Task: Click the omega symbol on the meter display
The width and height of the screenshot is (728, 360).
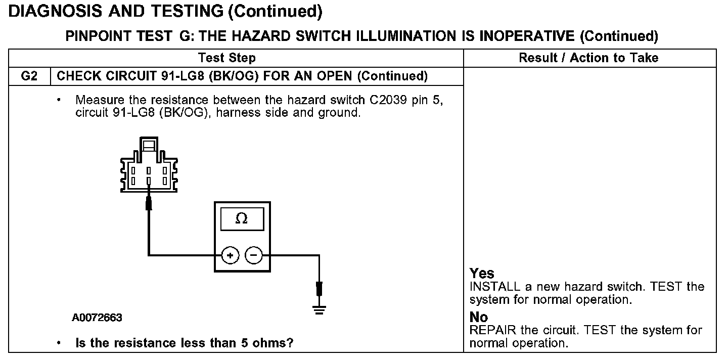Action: pos(242,218)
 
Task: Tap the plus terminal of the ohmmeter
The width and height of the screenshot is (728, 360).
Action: pos(230,255)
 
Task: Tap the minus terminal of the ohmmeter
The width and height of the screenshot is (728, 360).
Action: pos(253,255)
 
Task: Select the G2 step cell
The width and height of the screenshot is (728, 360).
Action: pos(29,76)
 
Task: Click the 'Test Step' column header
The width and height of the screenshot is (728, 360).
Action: pos(227,58)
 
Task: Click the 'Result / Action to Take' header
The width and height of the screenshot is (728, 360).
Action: pos(588,58)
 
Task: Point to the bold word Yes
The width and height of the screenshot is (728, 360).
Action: pos(482,273)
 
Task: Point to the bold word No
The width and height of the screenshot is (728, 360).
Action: pos(479,317)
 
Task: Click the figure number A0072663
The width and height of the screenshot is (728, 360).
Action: pos(97,318)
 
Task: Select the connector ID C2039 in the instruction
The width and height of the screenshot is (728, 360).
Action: pos(388,100)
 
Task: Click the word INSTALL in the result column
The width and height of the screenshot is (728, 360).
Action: pos(494,287)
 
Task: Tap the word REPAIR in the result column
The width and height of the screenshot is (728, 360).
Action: pos(493,330)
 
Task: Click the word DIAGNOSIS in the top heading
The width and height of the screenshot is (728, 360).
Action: pos(55,11)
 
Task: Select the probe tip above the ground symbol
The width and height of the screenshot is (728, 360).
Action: pos(319,289)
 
